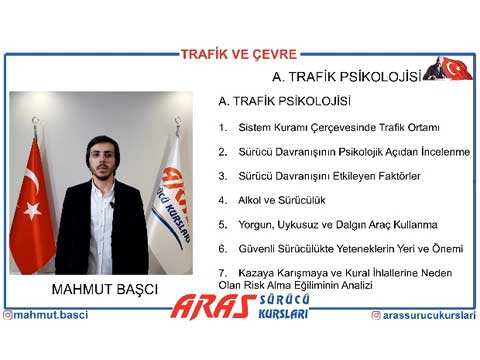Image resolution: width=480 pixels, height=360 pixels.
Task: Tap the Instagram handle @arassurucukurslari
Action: [423, 315]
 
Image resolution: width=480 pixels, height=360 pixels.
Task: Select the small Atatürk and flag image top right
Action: [445, 69]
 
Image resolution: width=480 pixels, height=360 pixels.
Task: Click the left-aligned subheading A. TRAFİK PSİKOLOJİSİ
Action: [284, 101]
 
